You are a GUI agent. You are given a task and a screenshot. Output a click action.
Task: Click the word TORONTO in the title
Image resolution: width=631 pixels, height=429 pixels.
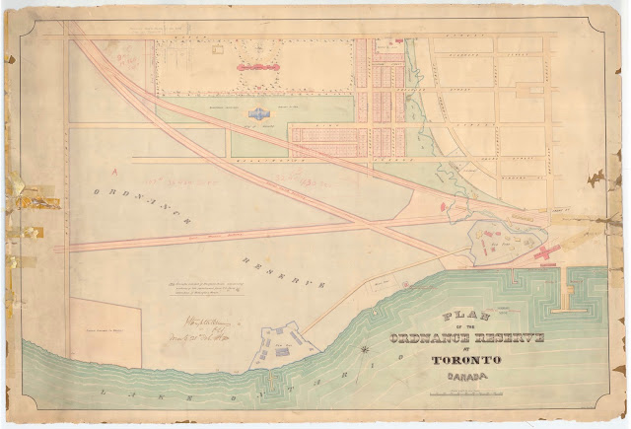tap(465, 360)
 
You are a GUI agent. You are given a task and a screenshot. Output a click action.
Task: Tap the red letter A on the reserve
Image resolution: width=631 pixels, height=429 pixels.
tap(116, 169)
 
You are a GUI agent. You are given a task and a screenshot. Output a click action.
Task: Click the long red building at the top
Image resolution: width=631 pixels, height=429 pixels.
tap(260, 67)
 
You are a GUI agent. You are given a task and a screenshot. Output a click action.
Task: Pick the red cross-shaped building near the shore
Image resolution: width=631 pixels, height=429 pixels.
tap(543, 254)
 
